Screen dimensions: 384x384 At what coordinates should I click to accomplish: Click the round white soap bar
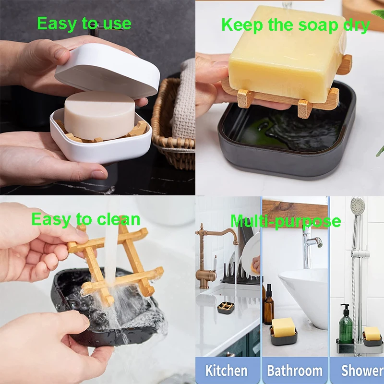tap(99, 115)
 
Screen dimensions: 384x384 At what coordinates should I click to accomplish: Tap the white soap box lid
tap(107, 71)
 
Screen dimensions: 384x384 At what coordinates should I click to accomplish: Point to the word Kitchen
tap(226, 371)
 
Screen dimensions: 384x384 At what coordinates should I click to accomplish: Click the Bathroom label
tap(295, 371)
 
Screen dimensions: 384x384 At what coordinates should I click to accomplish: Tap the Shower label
tap(362, 371)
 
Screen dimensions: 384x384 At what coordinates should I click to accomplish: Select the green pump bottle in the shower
tap(346, 324)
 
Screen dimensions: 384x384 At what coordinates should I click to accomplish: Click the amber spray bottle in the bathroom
tap(269, 304)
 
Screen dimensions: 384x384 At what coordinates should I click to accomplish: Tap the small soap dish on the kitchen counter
tap(226, 308)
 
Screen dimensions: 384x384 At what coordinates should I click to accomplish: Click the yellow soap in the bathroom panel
tap(283, 327)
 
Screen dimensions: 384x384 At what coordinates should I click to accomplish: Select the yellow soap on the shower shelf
tap(372, 333)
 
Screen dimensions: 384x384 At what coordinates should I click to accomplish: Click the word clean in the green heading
tap(119, 219)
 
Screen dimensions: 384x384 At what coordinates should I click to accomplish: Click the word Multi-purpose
tap(286, 221)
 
